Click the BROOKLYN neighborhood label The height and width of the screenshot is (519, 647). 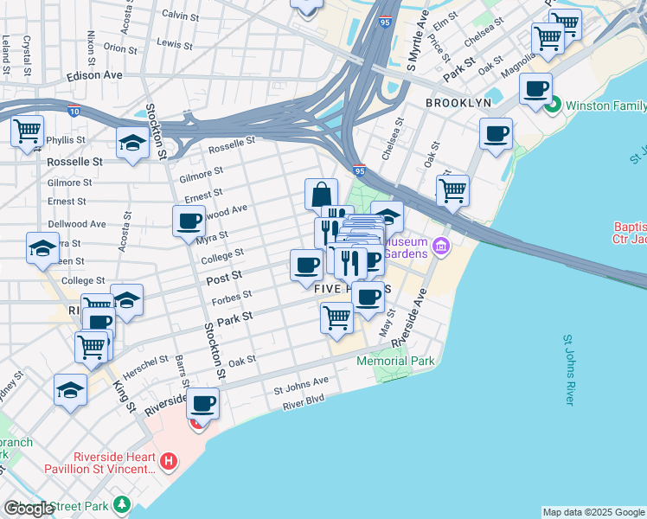pyautogui.click(x=458, y=102)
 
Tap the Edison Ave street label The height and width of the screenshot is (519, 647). pyautogui.click(x=95, y=75)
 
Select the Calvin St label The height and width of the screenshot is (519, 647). pyautogui.click(x=181, y=15)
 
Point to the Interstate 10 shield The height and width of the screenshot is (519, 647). pyautogui.click(x=74, y=110)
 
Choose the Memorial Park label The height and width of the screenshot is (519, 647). pyautogui.click(x=394, y=361)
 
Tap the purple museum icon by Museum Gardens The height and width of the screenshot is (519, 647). pyautogui.click(x=441, y=247)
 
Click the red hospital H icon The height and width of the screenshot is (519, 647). pyautogui.click(x=169, y=463)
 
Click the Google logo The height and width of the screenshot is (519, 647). pyautogui.click(x=29, y=509)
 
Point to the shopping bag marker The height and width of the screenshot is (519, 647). pyautogui.click(x=321, y=193)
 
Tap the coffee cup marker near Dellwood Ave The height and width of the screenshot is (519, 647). pyautogui.click(x=189, y=221)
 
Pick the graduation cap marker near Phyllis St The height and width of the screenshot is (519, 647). pyautogui.click(x=132, y=142)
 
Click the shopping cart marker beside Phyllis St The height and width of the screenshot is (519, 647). pyautogui.click(x=27, y=131)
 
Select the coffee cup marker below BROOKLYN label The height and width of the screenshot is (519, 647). pyautogui.click(x=496, y=133)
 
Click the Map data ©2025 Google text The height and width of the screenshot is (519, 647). pyautogui.click(x=593, y=512)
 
